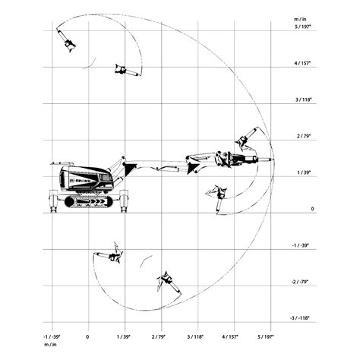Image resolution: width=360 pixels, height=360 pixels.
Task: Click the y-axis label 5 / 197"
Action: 302,27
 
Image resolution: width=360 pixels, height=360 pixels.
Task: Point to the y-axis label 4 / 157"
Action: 302,63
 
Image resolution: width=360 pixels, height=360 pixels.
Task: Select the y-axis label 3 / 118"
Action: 303,99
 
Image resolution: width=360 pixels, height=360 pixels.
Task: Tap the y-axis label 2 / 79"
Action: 304,136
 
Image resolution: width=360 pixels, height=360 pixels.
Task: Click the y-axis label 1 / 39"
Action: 304,172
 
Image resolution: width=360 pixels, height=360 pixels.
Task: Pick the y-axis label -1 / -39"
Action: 301,245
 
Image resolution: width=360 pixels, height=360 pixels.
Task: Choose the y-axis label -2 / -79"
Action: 300,282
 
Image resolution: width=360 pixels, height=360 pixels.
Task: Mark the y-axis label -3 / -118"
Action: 300,318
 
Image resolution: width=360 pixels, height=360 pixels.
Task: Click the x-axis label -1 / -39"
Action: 52,337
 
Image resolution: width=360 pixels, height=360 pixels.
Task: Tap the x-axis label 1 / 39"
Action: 123,337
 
